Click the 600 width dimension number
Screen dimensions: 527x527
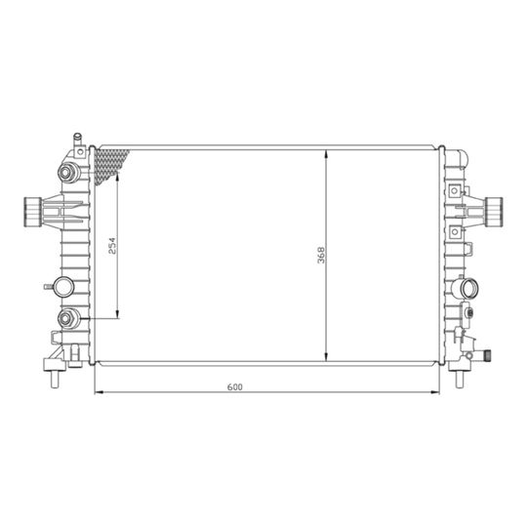[x=234, y=387]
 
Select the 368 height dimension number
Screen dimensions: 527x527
[x=321, y=255]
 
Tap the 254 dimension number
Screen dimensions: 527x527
[x=112, y=246]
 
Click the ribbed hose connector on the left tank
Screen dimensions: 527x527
[x=33, y=212]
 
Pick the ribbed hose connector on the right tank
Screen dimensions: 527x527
[x=495, y=212]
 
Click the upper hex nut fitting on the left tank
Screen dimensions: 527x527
[x=66, y=173]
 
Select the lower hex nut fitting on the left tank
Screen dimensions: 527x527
[x=66, y=318]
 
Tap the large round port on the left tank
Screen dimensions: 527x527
[x=63, y=287]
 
